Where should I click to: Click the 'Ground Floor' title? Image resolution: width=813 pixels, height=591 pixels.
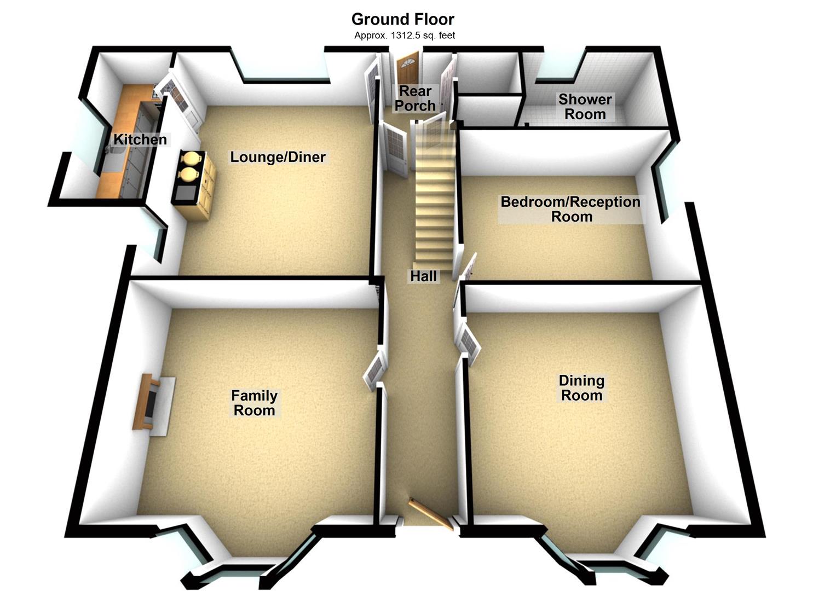402,19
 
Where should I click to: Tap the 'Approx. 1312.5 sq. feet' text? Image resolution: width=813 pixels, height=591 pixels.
405,36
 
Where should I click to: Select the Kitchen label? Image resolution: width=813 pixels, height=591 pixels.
140,140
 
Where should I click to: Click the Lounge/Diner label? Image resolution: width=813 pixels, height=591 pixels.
278,157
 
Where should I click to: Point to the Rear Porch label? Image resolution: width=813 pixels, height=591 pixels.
416,99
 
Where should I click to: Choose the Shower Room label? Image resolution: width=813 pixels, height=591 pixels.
585,107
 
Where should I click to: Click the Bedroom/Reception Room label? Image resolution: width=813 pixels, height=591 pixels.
570,209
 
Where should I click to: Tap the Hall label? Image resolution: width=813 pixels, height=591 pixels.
424,276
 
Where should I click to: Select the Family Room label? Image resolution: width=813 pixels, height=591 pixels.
254,403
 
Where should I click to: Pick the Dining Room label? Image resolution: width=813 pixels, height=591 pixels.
581,388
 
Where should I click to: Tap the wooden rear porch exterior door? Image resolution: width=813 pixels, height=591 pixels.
407,68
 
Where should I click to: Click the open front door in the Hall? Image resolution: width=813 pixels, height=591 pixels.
431,514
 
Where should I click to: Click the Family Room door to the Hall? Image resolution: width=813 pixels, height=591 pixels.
374,369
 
